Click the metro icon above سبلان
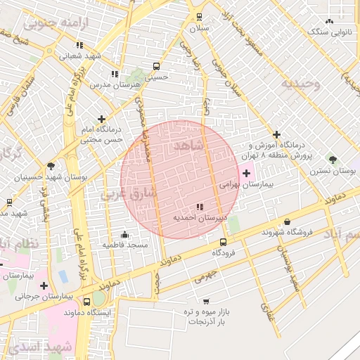pos(199,17)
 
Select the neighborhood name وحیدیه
pos(301,84)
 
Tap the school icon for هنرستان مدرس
pos(115,74)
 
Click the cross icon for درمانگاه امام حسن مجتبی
pos(103,119)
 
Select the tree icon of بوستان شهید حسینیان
pos(51,166)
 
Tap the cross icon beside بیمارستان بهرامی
pos(246,173)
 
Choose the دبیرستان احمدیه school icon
pos(200,207)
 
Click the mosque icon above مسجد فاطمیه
pos(125,234)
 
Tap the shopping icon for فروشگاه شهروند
pos(287,221)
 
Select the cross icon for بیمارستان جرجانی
pos(44,285)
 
